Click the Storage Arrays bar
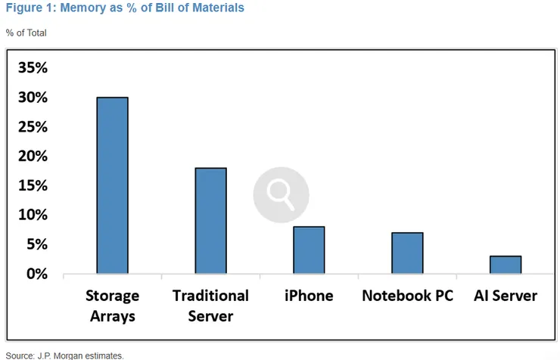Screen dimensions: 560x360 [x=113, y=185]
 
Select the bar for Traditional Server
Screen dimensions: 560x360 [x=210, y=221]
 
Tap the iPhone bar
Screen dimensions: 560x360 [x=309, y=250]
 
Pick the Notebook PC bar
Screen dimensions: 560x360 [x=407, y=253]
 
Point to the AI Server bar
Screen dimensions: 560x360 [x=506, y=265]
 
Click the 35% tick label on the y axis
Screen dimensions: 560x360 [x=33, y=67]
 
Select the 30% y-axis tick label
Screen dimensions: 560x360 [x=33, y=97]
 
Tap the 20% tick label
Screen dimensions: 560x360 [x=33, y=156]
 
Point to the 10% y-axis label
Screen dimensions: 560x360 [x=33, y=215]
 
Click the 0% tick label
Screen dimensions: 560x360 [x=37, y=274]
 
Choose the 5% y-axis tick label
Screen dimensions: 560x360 [x=37, y=244]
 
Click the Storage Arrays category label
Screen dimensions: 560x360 [x=113, y=306]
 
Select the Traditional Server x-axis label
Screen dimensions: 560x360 [x=210, y=306]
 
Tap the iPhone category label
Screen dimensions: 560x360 [x=309, y=296]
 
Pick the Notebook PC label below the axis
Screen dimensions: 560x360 [x=407, y=296]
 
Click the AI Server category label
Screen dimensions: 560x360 [x=506, y=296]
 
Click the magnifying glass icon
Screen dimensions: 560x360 [x=281, y=195]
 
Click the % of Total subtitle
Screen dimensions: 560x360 [x=26, y=33]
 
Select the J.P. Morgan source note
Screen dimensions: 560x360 [x=64, y=355]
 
